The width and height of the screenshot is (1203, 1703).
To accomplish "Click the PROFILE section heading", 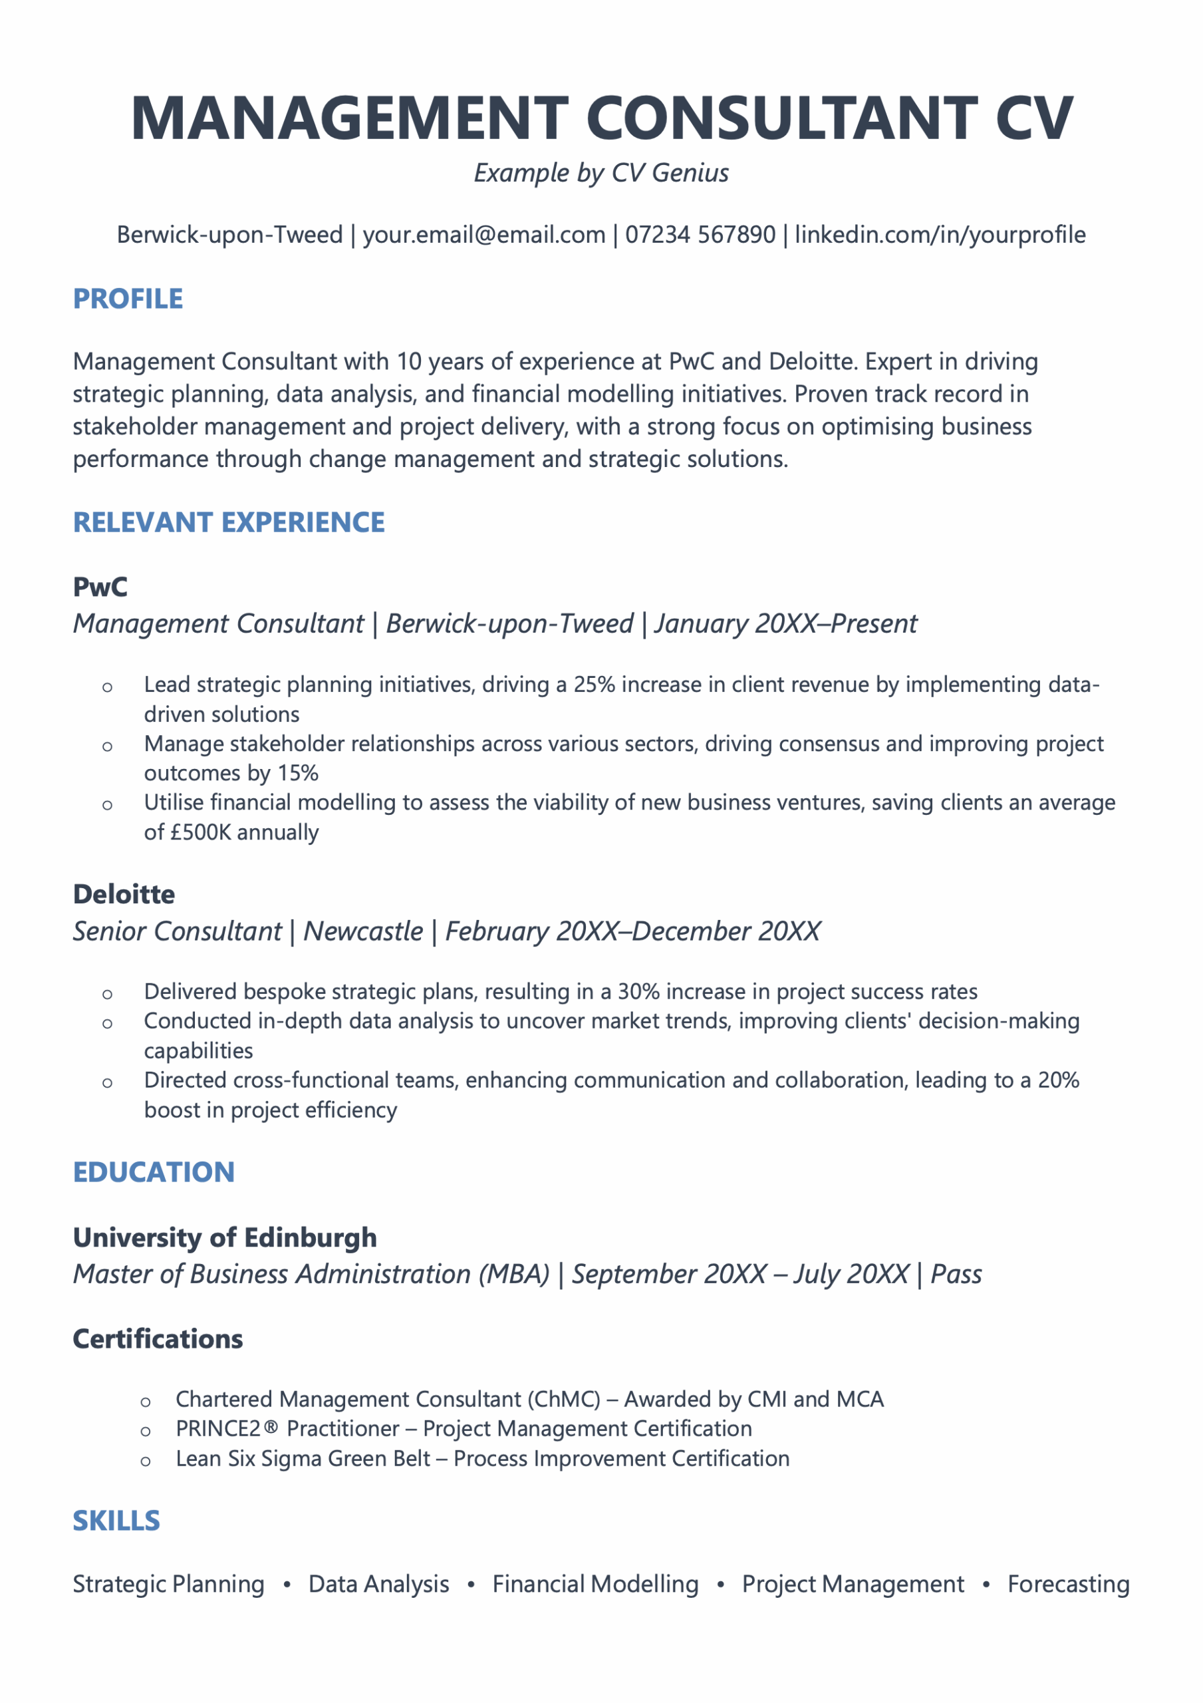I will [128, 299].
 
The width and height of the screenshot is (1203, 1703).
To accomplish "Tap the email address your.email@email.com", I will [483, 235].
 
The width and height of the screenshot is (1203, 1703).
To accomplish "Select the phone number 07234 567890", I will [700, 235].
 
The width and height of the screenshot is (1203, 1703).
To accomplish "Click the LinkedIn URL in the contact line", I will [940, 235].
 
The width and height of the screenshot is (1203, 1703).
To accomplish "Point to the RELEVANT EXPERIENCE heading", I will [229, 522].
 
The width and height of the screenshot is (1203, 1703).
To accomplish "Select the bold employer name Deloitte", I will [124, 894].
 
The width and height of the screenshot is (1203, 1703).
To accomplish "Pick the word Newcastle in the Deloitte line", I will [362, 931].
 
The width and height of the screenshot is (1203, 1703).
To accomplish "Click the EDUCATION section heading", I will [154, 1172].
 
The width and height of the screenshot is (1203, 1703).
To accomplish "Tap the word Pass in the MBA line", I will [956, 1275].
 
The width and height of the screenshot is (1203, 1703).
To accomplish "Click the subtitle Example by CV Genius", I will [601, 173].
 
